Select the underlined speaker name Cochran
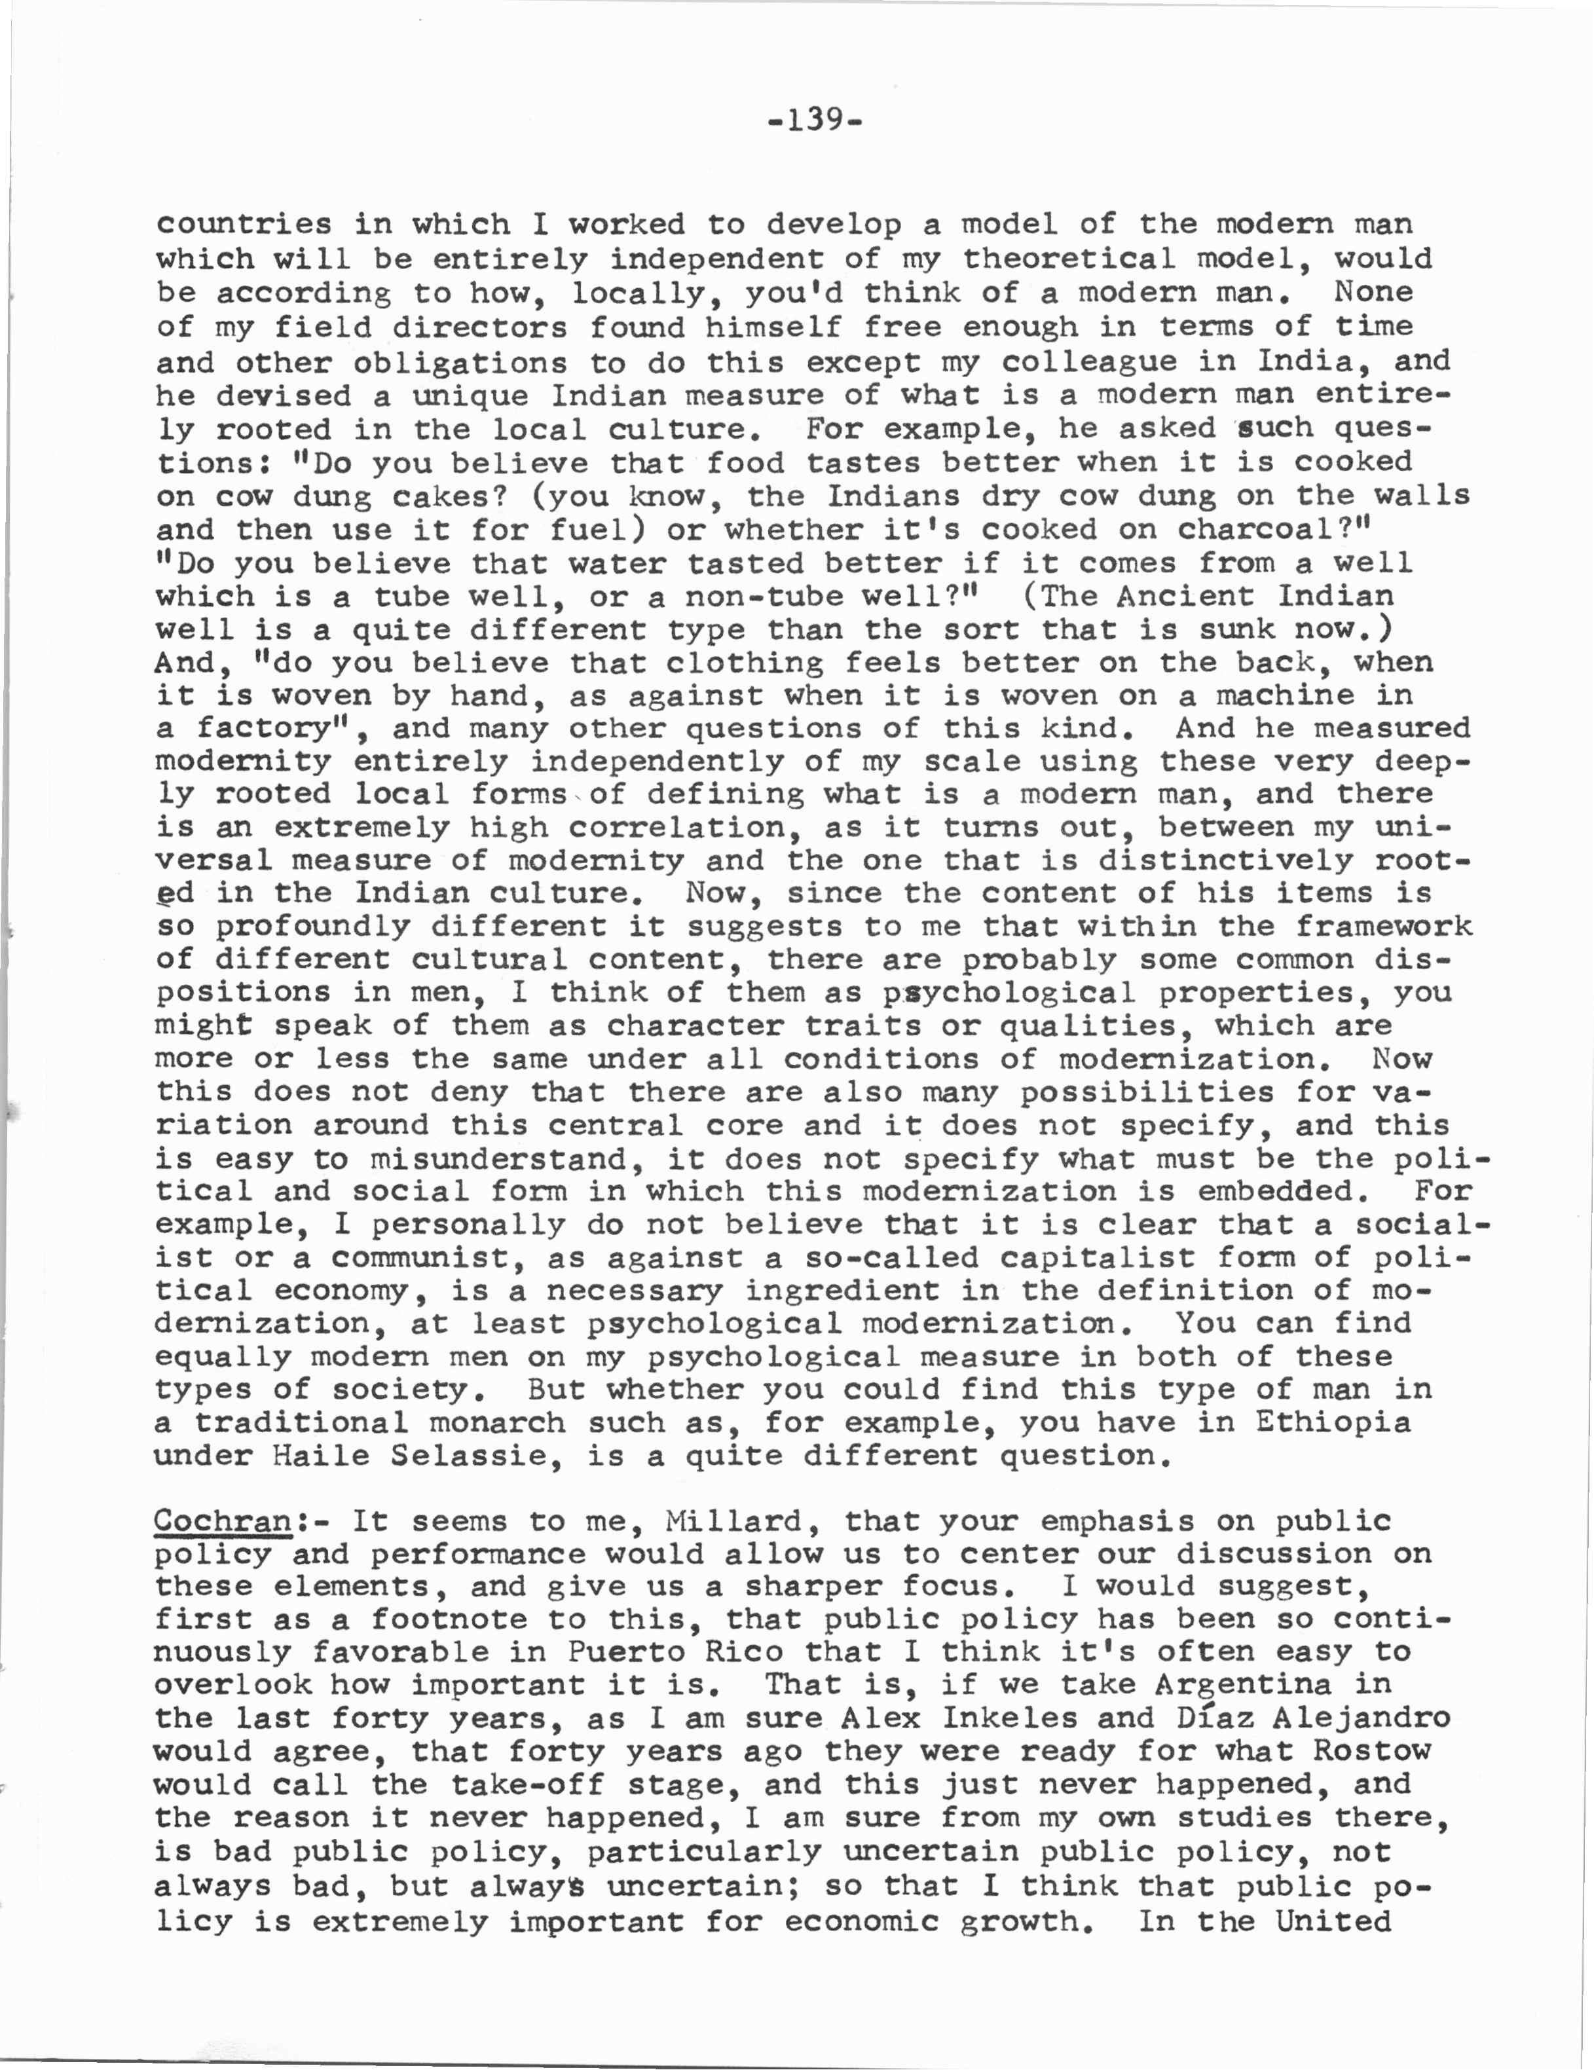point(223,1521)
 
